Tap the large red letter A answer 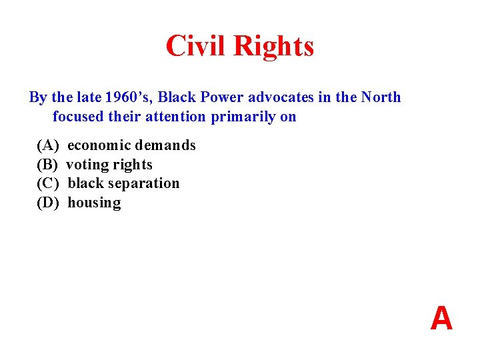(441, 319)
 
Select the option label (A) (48, 145)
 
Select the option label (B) (48, 165)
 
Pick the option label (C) (48, 183)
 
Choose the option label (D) (48, 203)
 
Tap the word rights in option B (133, 165)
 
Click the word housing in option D (94, 203)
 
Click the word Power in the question (222, 97)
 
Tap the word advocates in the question (281, 97)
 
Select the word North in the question (381, 97)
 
